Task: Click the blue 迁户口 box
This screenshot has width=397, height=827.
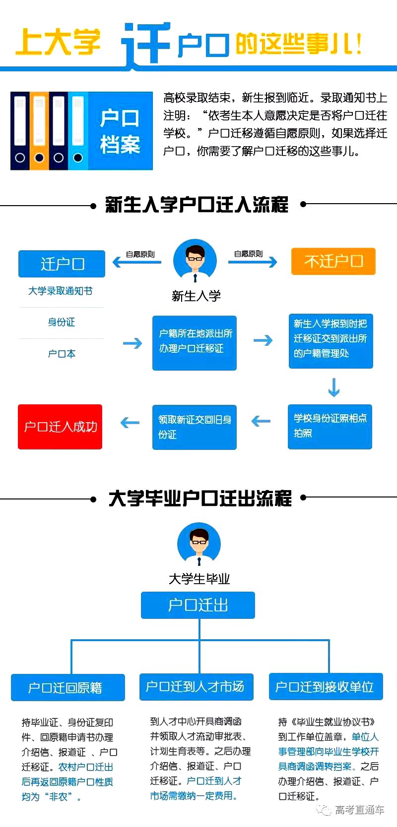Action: pyautogui.click(x=62, y=264)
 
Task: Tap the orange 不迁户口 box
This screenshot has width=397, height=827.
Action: pyautogui.click(x=333, y=261)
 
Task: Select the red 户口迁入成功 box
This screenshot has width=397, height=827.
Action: pyautogui.click(x=60, y=427)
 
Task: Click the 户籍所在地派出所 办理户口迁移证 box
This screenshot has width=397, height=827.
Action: pyautogui.click(x=195, y=342)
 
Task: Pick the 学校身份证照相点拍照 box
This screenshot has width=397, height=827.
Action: pyautogui.click(x=330, y=427)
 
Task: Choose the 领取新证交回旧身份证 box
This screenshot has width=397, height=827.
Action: pyautogui.click(x=195, y=427)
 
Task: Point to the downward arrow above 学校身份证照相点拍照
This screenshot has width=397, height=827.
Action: pyautogui.click(x=334, y=387)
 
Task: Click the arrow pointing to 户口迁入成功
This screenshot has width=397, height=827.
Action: pyautogui.click(x=130, y=423)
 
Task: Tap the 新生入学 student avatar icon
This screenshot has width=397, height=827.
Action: pyautogui.click(x=195, y=261)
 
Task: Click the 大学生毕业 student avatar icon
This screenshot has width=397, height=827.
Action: pyautogui.click(x=199, y=545)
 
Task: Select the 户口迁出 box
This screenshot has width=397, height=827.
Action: pyautogui.click(x=198, y=605)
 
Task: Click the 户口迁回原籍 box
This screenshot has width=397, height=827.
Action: pyautogui.click(x=68, y=687)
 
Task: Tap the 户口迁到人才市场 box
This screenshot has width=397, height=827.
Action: pyautogui.click(x=197, y=686)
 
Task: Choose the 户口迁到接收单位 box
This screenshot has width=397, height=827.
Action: pyautogui.click(x=326, y=686)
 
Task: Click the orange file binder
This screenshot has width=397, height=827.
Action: pyautogui.click(x=39, y=130)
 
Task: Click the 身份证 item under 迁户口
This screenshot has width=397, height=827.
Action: pyautogui.click(x=62, y=322)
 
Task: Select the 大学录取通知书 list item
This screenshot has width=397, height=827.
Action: pyautogui.click(x=60, y=291)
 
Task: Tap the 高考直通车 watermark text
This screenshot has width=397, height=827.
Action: pyautogui.click(x=359, y=810)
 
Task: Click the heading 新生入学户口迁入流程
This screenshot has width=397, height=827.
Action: pyautogui.click(x=197, y=204)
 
